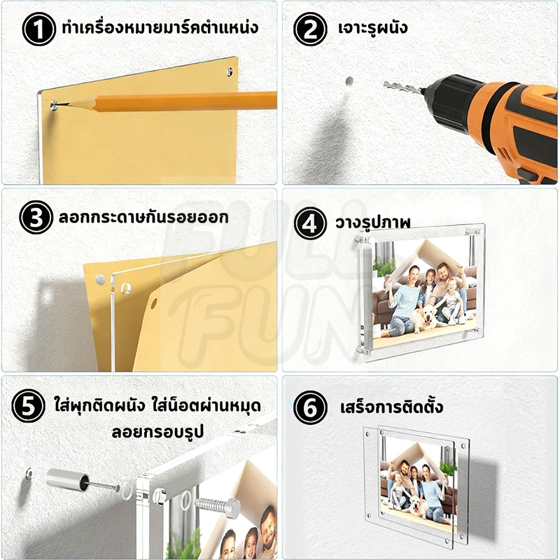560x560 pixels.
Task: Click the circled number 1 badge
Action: tap(39, 29)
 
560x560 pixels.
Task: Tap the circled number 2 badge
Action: tap(310, 29)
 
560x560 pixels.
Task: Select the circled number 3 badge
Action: tap(36, 217)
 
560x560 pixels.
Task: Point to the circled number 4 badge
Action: tap(310, 223)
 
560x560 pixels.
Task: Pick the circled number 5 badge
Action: tap(28, 406)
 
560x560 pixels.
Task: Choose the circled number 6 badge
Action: tap(310, 407)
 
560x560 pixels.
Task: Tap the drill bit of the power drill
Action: tap(402, 87)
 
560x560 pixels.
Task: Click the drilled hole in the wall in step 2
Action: tap(349, 81)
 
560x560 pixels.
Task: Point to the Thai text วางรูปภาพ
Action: tap(372, 223)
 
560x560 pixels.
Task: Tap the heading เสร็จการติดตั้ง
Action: tap(391, 407)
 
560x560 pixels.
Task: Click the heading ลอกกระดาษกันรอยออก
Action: tap(143, 217)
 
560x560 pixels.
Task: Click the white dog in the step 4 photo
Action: tap(426, 318)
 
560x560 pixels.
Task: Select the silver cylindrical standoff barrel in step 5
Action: tap(67, 479)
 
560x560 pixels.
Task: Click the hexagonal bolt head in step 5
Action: tap(232, 507)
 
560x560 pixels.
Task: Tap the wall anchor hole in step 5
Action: tap(29, 474)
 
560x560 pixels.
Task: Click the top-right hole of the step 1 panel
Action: tap(230, 72)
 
